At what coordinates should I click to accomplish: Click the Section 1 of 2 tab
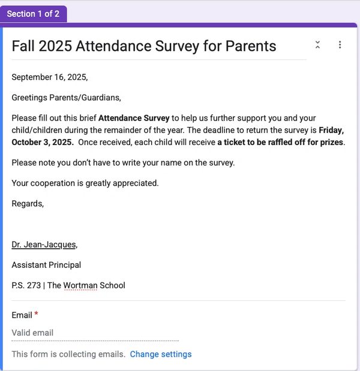pyautogui.click(x=33, y=14)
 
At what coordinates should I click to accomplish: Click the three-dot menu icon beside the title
pyautogui.click(x=340, y=45)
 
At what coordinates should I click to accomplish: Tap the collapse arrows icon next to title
pyautogui.click(x=317, y=45)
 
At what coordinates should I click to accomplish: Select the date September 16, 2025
pyautogui.click(x=49, y=77)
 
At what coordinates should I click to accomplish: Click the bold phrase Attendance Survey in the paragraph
pyautogui.click(x=134, y=118)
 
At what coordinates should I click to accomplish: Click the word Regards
pyautogui.click(x=28, y=204)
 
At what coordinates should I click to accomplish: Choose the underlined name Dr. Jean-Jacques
pyautogui.click(x=44, y=245)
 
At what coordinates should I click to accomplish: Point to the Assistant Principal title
pyautogui.click(x=46, y=265)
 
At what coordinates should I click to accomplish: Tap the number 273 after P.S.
pyautogui.click(x=34, y=285)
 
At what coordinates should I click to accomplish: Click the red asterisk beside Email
pyautogui.click(x=37, y=314)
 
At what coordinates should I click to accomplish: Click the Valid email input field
pyautogui.click(x=95, y=333)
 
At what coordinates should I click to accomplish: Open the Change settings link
pyautogui.click(x=161, y=354)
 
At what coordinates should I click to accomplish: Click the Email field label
pyautogui.click(x=22, y=315)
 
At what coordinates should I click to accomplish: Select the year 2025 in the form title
pyautogui.click(x=55, y=46)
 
